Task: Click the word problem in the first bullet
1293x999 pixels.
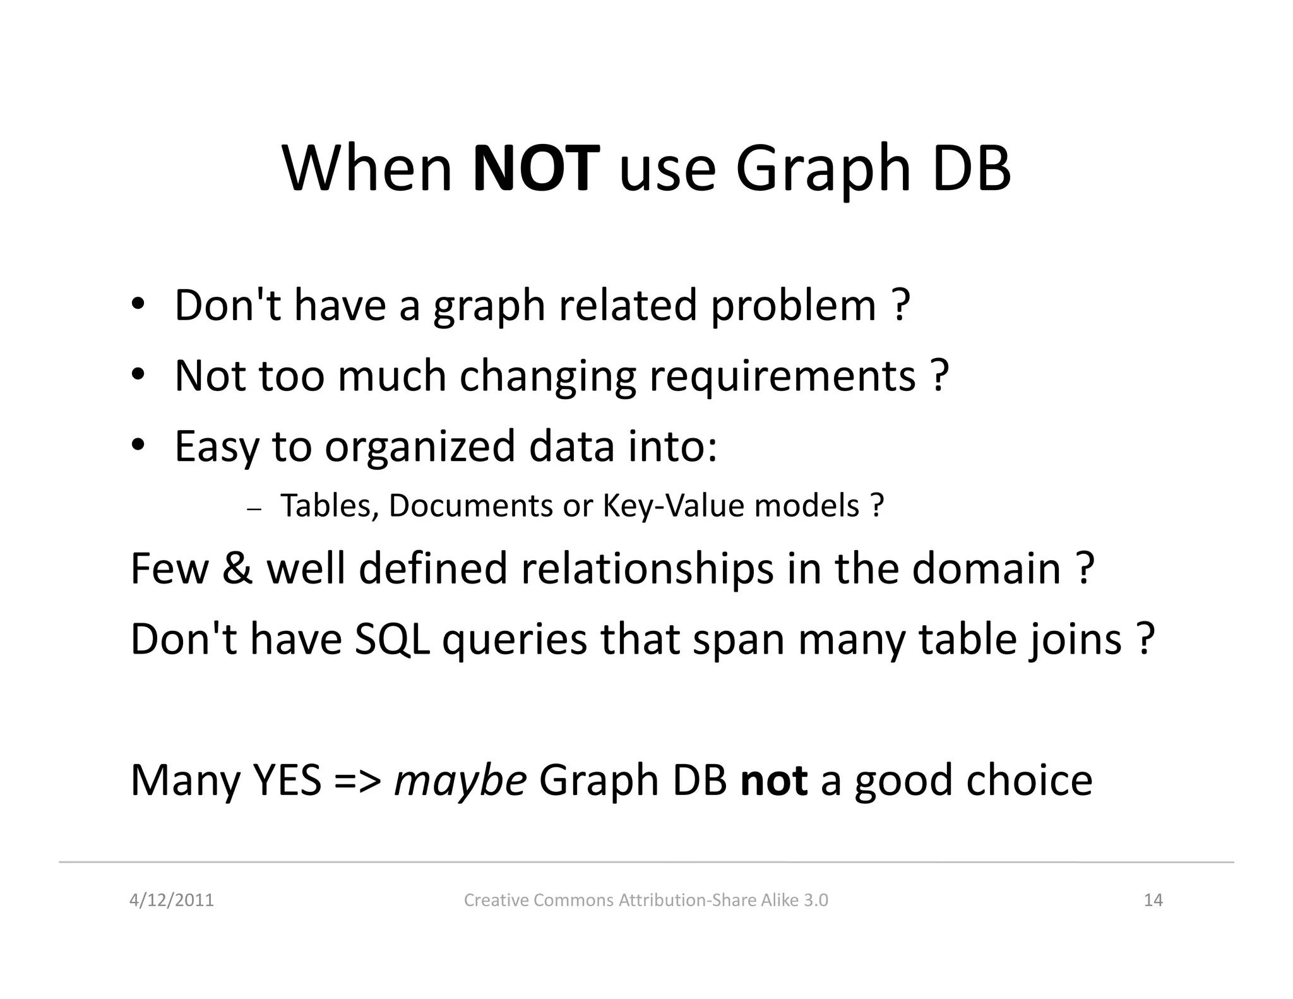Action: (794, 306)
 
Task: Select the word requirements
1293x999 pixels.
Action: (782, 377)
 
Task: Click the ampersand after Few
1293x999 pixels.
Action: (237, 568)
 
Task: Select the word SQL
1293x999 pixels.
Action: (392, 639)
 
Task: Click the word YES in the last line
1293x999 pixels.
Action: (287, 780)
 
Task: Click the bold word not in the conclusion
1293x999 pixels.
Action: (773, 780)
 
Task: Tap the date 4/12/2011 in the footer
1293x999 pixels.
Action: (172, 900)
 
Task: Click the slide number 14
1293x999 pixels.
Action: (1153, 900)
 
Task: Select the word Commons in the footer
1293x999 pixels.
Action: (573, 900)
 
